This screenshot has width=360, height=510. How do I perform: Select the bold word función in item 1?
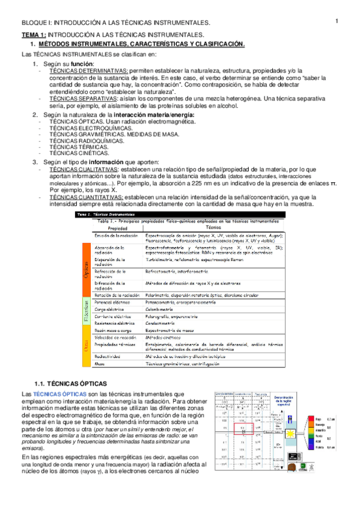pyautogui.click(x=81, y=64)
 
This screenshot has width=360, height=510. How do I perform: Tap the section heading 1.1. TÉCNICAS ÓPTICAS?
pyautogui.click(x=70, y=383)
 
